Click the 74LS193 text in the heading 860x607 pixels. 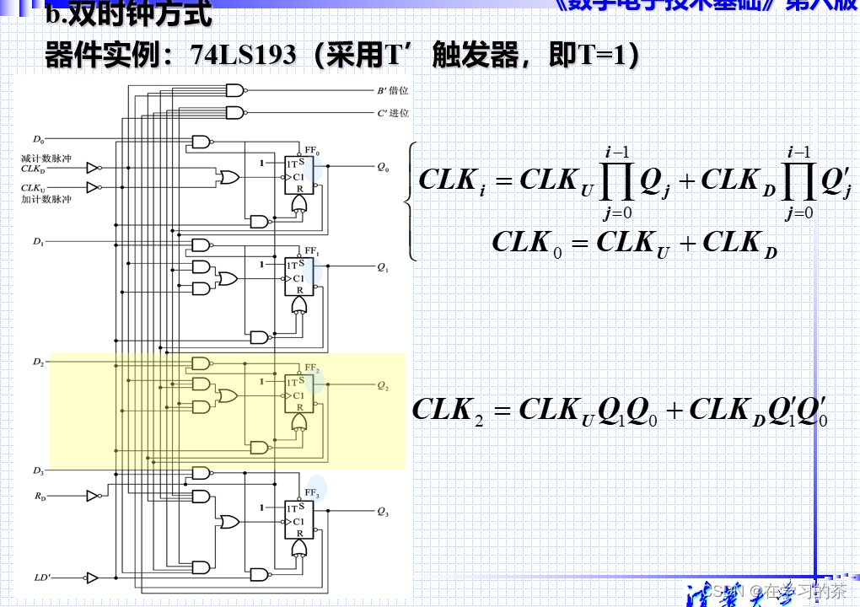pos(244,56)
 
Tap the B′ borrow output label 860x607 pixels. pos(392,91)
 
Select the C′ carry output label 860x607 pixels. pos(392,113)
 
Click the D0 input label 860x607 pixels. pos(39,138)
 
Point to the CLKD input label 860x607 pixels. pos(33,168)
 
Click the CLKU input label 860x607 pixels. pos(33,187)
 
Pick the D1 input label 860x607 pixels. pos(39,242)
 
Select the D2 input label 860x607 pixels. pos(39,362)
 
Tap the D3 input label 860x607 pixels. pos(39,470)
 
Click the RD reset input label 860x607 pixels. pos(40,497)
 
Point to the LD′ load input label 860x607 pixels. pos(42,578)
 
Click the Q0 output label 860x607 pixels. pos(383,167)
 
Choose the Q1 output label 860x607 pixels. pos(383,267)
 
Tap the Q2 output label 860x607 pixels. pos(383,386)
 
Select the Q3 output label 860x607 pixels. pos(383,512)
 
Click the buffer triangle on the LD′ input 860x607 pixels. pos(92,578)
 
